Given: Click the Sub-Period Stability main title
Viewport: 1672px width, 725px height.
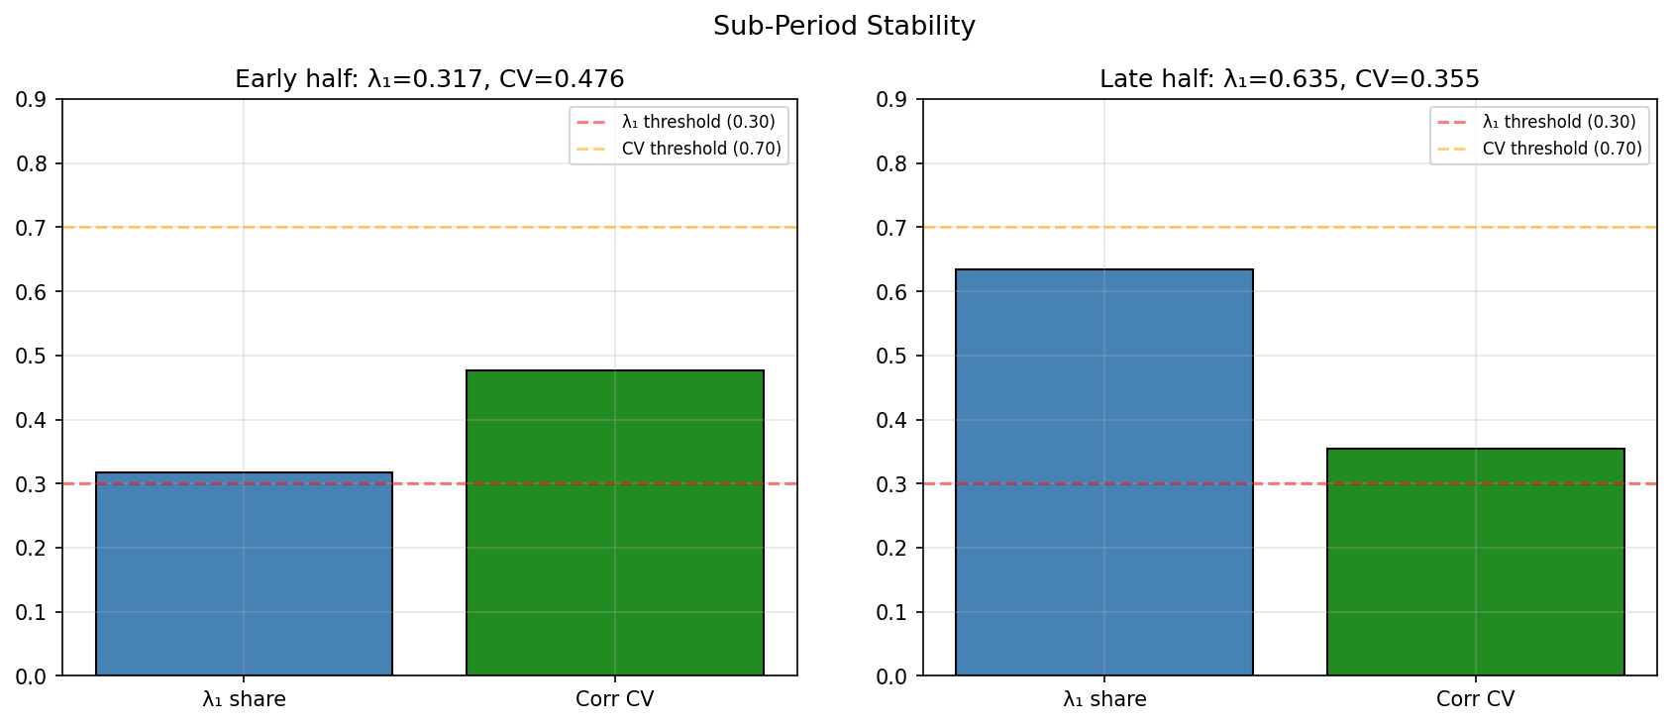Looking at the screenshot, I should point(844,27).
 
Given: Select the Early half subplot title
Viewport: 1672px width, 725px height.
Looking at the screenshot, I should point(429,79).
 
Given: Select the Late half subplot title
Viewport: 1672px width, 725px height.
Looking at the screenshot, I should point(1289,79).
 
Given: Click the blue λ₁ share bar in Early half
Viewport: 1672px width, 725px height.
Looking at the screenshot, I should point(244,574).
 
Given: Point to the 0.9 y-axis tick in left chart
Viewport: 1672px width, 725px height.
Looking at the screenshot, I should point(31,100).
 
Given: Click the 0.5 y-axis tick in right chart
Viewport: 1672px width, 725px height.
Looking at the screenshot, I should point(891,357).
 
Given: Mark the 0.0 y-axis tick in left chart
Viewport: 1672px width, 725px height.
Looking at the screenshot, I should point(31,676).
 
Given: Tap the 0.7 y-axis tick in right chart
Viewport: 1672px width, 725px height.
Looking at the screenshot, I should point(891,228).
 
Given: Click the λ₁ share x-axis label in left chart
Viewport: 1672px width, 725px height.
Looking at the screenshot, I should point(244,699).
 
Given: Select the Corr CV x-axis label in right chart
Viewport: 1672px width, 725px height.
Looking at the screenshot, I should point(1475,699).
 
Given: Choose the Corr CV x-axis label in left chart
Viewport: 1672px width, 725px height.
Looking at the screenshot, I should point(614,699).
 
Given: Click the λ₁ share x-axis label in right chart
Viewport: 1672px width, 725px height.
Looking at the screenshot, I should point(1104,699).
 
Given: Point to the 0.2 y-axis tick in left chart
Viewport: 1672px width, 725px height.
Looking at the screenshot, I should point(31,549).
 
